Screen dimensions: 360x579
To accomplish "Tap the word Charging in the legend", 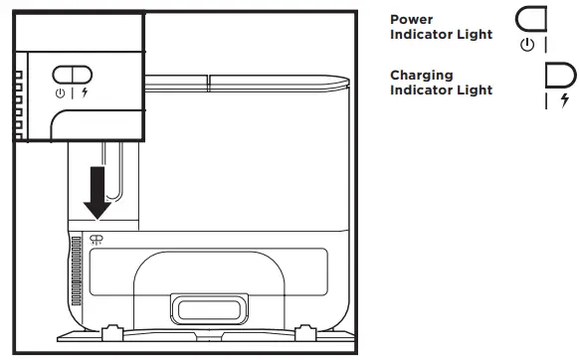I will (x=421, y=76).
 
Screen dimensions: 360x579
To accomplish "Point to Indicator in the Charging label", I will (x=425, y=90).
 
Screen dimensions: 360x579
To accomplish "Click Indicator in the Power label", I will (x=425, y=34).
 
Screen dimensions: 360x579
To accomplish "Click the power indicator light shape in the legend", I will (x=532, y=21).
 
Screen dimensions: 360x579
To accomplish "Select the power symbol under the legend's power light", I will (x=526, y=45).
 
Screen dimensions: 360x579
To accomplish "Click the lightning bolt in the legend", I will (x=565, y=100).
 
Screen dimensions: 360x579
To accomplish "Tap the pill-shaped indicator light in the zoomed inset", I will (x=72, y=74).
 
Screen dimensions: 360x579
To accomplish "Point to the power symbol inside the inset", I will (x=60, y=91).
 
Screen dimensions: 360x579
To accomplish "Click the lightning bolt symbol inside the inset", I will (x=84, y=91).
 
